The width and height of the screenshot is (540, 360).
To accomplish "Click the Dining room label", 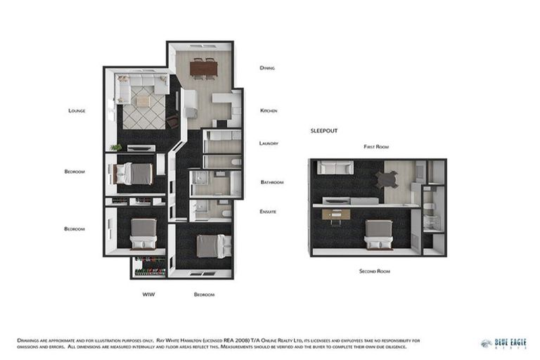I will coord(266,68).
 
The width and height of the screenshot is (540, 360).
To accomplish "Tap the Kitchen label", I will coord(269,111).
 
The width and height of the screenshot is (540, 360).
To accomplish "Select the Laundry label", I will coord(269,143).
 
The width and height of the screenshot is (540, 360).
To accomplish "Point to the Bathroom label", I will coord(271,182).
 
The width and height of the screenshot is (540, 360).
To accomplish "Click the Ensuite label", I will coord(268,212).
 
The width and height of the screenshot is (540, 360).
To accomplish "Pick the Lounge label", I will coord(77,111).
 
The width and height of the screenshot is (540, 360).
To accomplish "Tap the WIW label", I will coord(148,294).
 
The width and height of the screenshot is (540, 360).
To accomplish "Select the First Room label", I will coord(376,147).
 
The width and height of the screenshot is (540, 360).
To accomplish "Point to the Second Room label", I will coord(374,271).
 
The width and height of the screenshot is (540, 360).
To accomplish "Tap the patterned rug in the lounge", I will coord(143,110).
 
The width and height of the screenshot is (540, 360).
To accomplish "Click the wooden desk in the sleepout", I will coord(336,214).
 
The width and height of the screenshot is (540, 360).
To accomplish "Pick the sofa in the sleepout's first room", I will coord(335,167).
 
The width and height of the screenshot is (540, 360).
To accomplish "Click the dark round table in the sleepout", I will coord(387,180).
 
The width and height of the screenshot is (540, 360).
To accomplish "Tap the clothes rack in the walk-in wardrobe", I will coord(149,268).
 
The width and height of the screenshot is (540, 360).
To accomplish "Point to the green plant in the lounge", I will coord(116,148).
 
